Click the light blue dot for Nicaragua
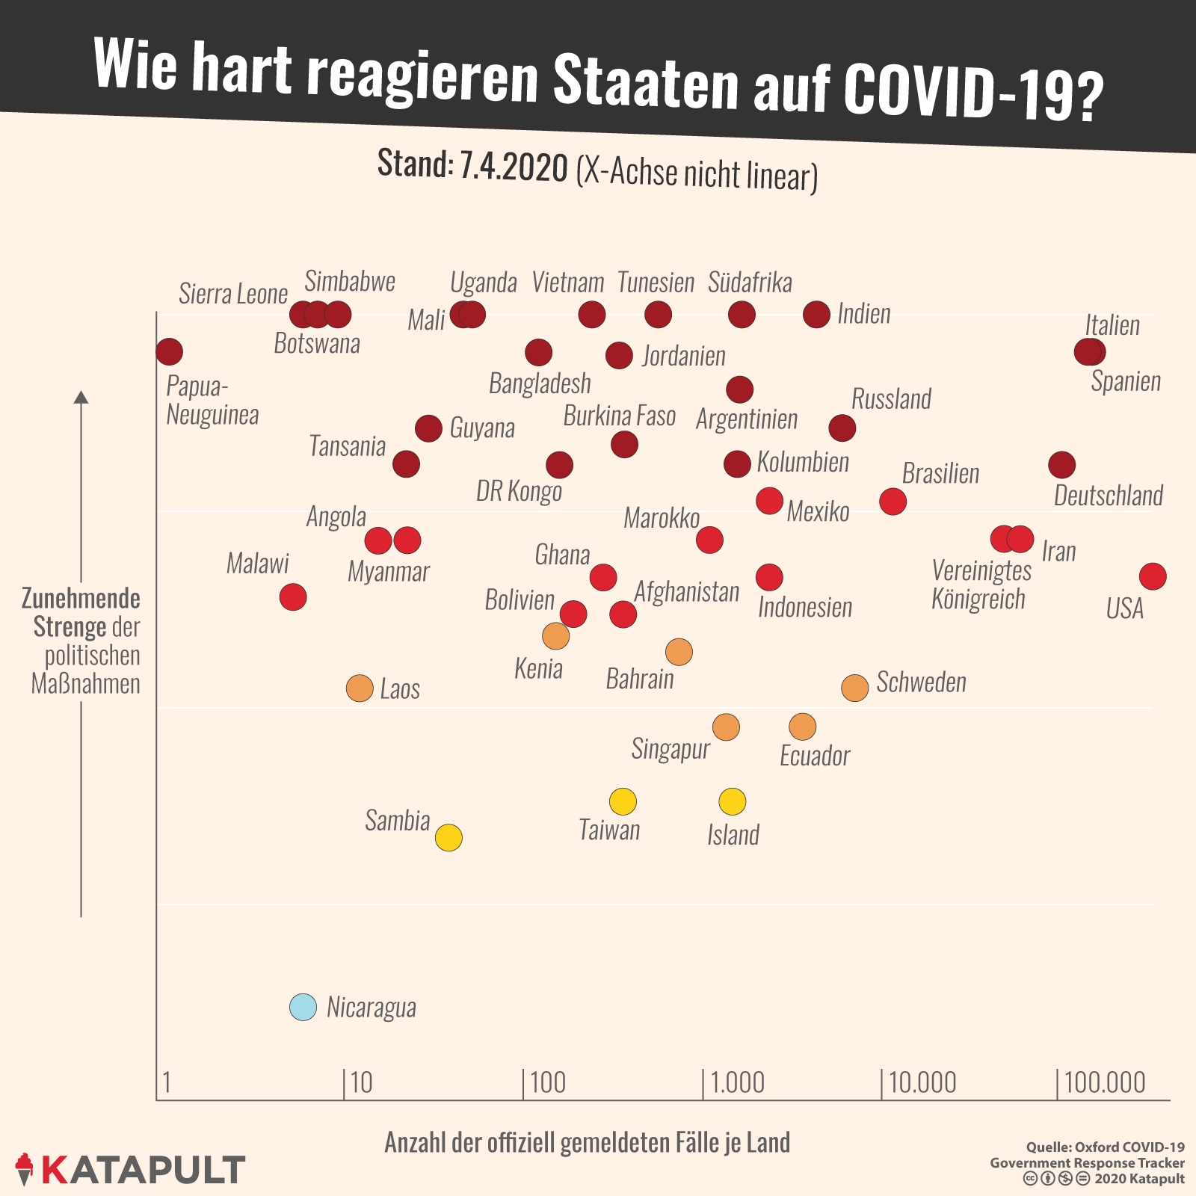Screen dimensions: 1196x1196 [x=303, y=1008]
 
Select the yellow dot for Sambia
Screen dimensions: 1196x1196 [x=449, y=837]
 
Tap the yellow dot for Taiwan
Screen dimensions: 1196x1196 [x=623, y=801]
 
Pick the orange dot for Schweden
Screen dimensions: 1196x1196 [x=854, y=688]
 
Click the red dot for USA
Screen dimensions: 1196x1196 [x=1153, y=576]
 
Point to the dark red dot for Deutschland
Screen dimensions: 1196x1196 [x=1061, y=465]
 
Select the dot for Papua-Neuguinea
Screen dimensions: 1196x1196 [x=170, y=351]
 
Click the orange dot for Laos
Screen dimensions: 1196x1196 [x=360, y=688]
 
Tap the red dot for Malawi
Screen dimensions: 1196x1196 [x=293, y=597]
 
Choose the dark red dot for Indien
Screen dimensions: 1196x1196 [x=816, y=315]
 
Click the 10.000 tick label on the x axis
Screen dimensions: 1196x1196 [x=922, y=1082]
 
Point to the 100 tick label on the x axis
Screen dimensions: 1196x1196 [x=548, y=1082]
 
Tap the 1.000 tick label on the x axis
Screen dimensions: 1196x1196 [x=737, y=1082]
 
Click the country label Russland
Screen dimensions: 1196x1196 [x=891, y=399]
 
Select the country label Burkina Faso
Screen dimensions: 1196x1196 [x=619, y=416]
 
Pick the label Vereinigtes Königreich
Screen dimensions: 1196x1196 [x=981, y=585]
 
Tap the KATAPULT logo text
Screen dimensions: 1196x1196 [x=142, y=1170]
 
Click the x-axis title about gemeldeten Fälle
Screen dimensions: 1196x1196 [x=587, y=1142]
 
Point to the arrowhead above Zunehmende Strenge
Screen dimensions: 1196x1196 [x=81, y=396]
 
